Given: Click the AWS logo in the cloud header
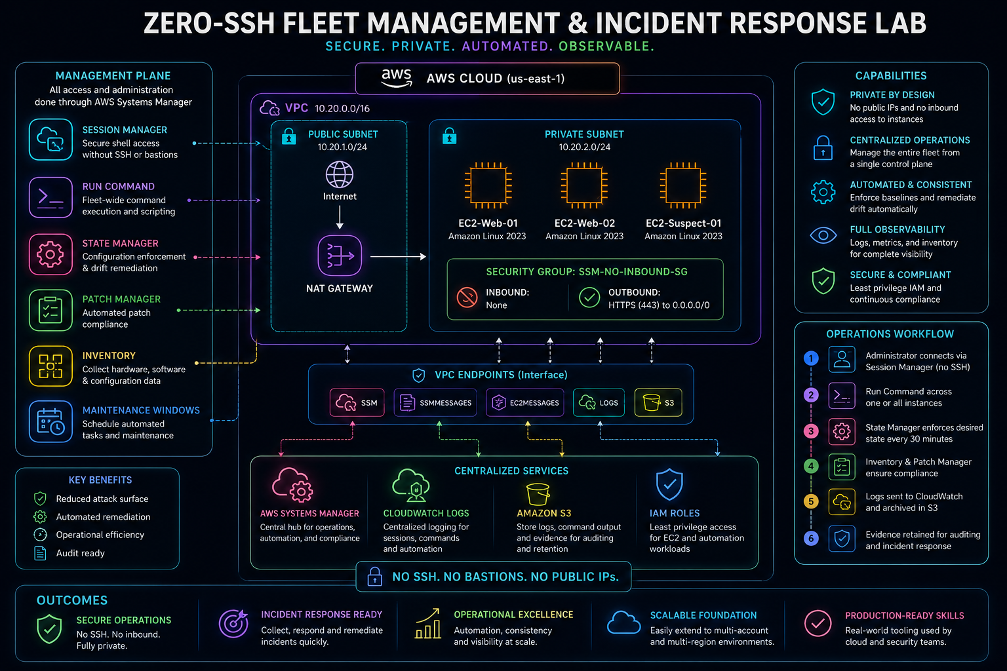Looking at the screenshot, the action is [x=397, y=78].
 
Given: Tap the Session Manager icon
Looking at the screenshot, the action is [x=50, y=140].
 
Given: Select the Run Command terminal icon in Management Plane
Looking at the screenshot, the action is [x=50, y=197].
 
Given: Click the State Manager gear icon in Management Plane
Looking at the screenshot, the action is [x=50, y=254].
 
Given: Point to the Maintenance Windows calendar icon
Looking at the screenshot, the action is [x=50, y=421].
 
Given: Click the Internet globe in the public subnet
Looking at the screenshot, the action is [x=340, y=174].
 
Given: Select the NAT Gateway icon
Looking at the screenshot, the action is [x=340, y=256].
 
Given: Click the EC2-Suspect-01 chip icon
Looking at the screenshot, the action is [x=683, y=185].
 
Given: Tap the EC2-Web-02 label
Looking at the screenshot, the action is [x=584, y=223].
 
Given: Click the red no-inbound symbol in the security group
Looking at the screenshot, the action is [x=467, y=297].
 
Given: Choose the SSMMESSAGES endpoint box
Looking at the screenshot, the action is [x=435, y=403].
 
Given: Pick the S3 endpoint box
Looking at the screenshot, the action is [x=658, y=403].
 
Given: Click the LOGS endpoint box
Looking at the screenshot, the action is [x=599, y=403].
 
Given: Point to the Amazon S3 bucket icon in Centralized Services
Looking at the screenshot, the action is [x=538, y=494].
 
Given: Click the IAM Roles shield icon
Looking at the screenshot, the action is [x=669, y=484].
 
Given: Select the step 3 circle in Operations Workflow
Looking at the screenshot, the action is [x=811, y=431].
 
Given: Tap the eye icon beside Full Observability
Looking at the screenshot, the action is [x=823, y=235].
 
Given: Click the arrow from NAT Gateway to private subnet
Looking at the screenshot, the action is [x=398, y=257].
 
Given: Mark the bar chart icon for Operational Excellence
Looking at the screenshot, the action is [x=427, y=623].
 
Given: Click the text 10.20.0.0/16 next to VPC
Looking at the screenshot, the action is [x=342, y=109].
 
